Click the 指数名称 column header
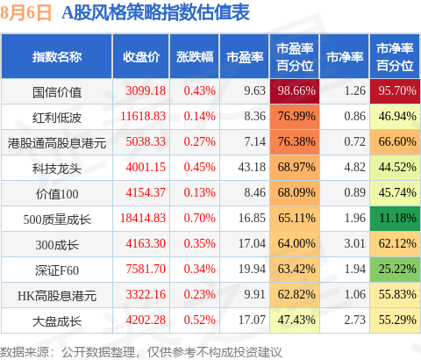coord(57,57)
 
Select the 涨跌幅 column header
coord(195,57)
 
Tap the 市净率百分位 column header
coord(395,57)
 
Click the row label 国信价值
coord(57,92)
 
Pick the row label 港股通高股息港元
coord(57,143)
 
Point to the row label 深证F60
coord(57,270)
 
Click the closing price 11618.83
coord(143,116)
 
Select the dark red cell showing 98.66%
coord(295,91)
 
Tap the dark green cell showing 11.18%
coord(395,219)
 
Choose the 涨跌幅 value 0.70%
coord(200,218)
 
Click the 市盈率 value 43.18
coord(252,167)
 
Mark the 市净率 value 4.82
coord(355,167)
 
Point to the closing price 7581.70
coord(146,269)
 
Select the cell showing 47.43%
coord(295,320)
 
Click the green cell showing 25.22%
coord(395,270)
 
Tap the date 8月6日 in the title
coord(25,13)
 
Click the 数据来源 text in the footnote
coord(25,352)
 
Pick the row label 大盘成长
coord(57,321)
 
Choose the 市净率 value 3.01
coord(355,243)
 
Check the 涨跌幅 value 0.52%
coord(200,320)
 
